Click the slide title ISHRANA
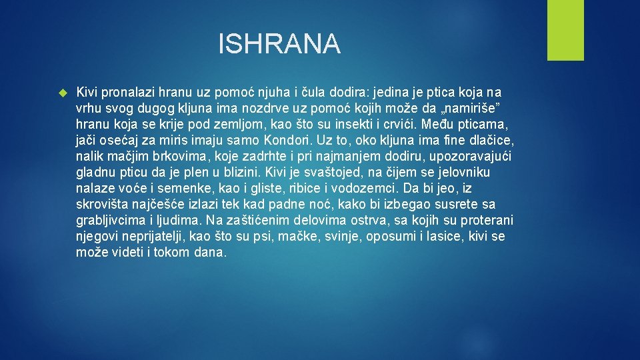point(279,45)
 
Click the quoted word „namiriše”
point(474,108)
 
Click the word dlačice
point(491,140)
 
